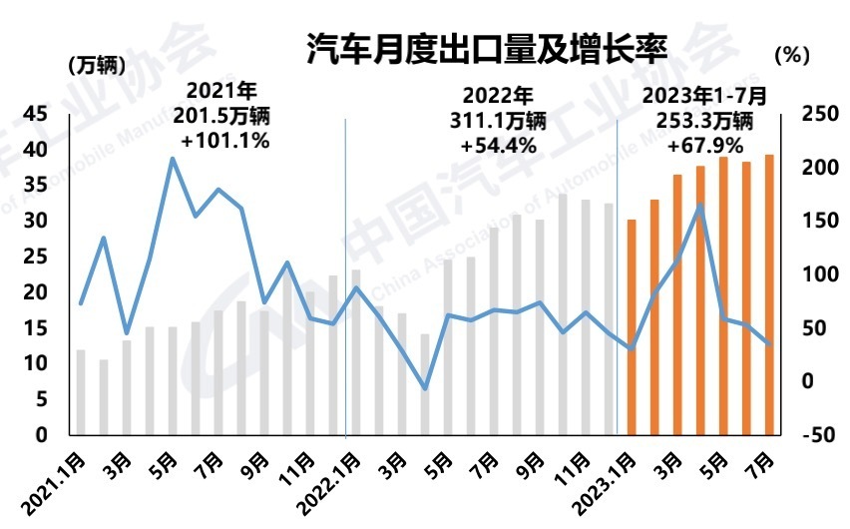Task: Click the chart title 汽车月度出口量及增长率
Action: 485,50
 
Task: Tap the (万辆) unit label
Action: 97,66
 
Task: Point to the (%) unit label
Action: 790,56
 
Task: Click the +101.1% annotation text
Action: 226,140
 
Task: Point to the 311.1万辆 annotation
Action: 499,121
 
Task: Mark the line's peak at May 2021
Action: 173,158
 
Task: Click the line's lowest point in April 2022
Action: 425,388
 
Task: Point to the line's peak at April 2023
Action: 700,206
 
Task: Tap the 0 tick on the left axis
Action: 41,435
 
